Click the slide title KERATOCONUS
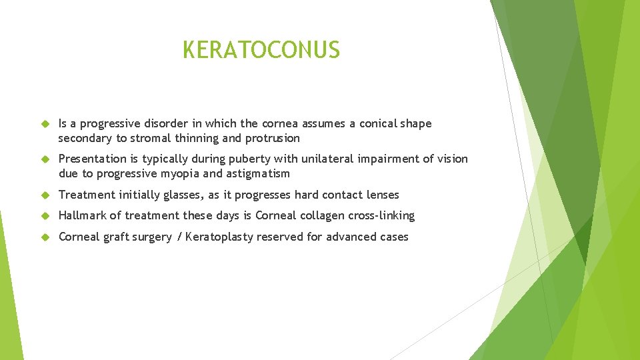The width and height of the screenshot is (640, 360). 261,50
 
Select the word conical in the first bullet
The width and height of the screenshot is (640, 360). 378,123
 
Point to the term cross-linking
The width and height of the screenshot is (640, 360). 381,215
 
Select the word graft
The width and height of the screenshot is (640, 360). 117,237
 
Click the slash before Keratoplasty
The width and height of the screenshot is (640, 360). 179,237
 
